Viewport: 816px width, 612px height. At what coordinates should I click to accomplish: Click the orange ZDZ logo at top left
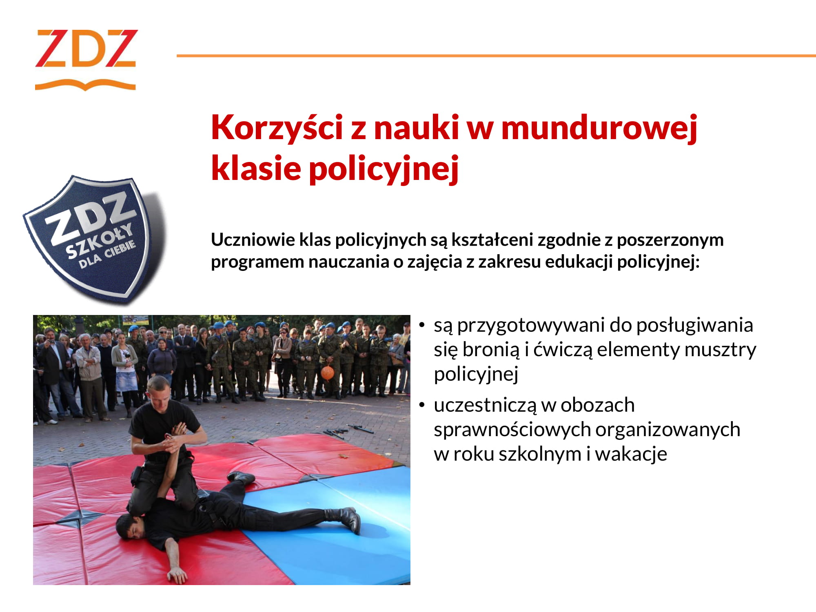pos(86,59)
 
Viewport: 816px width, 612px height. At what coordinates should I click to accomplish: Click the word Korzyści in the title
pos(277,127)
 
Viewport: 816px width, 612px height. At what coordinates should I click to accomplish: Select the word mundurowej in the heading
pos(599,128)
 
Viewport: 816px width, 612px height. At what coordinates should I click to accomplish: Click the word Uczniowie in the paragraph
pos(253,239)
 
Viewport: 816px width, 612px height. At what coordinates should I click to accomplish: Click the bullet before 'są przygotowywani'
pos(422,325)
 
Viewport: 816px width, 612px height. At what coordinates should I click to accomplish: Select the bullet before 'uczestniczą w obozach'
pos(422,405)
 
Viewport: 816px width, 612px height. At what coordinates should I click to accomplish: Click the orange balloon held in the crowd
pos(327,373)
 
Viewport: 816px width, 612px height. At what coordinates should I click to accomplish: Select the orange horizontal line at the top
pos(496,55)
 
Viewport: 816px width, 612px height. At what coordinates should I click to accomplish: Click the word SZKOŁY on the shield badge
pos(100,241)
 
